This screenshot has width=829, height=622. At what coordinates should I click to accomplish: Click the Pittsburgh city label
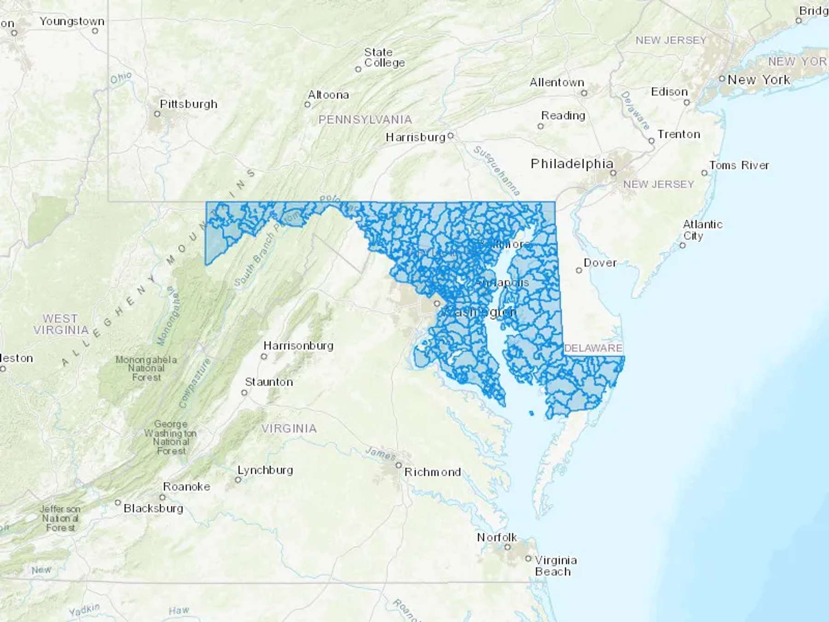tap(188, 104)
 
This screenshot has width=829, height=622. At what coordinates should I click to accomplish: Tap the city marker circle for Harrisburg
tap(451, 135)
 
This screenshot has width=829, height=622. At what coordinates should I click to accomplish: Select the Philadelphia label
tap(572, 164)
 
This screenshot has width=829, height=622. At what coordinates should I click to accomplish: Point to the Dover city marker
tap(579, 270)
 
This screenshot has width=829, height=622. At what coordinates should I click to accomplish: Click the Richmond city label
tap(432, 472)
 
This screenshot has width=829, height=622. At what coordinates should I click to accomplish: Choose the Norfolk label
tap(496, 537)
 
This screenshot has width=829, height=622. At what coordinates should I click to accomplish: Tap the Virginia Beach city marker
tap(528, 558)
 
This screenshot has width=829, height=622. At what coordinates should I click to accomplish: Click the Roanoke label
tap(187, 487)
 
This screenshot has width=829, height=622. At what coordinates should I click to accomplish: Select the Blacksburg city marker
tap(118, 503)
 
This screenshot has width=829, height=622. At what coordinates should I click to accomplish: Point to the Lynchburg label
tap(265, 470)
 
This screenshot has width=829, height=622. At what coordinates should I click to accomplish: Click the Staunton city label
tap(269, 382)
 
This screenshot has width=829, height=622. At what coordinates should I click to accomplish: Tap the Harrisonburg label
tap(298, 346)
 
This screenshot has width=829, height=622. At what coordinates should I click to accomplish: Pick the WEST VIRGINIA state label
tap(61, 324)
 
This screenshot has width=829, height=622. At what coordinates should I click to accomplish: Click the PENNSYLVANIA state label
tap(365, 120)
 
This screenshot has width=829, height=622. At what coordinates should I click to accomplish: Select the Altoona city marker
tap(308, 105)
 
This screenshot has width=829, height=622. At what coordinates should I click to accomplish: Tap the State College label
tap(384, 58)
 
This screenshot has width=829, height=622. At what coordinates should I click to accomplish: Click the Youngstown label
tap(72, 21)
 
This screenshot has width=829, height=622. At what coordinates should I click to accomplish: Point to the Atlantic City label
tap(702, 230)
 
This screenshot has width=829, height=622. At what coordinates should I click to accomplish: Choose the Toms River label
tap(739, 165)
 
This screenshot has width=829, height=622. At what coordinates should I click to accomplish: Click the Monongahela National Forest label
tap(146, 368)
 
